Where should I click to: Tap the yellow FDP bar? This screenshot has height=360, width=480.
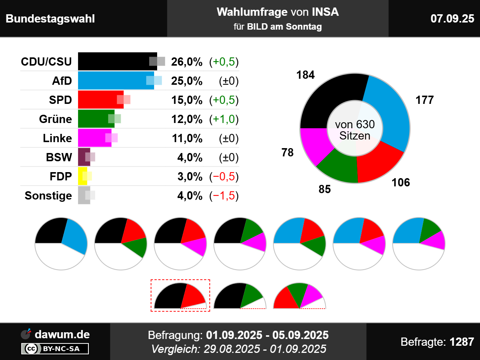coord(82,176)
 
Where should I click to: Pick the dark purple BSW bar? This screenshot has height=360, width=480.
coord(83,157)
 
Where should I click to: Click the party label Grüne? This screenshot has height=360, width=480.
coord(55,119)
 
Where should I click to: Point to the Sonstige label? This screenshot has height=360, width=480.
coord(48,196)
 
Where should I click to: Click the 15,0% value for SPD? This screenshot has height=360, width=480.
coord(187,100)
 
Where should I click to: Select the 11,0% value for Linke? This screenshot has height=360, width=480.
coord(187,138)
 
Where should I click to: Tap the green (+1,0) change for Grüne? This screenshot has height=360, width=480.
coord(224,119)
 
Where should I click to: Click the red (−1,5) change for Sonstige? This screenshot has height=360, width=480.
coord(224,196)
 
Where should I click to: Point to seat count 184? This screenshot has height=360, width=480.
coord(305,75)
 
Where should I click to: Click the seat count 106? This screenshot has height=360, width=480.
coord(400,183)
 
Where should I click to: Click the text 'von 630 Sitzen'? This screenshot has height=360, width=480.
coord(355,130)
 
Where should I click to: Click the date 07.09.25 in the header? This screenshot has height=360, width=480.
coord(452,19)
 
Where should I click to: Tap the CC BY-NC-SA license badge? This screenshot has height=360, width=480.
coord(55,349)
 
